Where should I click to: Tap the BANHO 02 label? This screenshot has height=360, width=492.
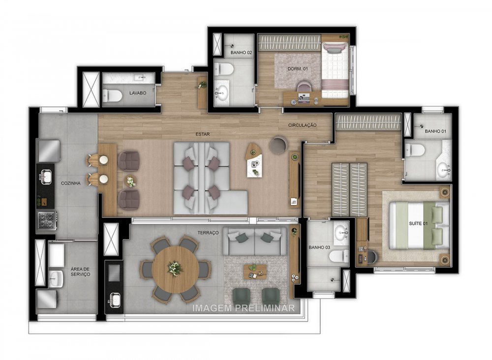(241, 53)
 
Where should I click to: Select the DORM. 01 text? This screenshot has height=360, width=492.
(297, 69)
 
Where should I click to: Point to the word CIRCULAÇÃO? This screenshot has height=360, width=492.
(302, 125)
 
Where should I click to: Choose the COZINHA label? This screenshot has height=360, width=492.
(71, 183)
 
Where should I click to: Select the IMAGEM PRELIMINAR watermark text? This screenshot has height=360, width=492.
(244, 308)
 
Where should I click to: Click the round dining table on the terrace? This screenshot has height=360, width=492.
(175, 269)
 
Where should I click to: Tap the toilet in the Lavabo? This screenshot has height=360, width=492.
(111, 94)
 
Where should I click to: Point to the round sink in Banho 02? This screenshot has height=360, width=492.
(222, 91)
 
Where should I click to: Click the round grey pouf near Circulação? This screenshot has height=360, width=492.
(279, 145)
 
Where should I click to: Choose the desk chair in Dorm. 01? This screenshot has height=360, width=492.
(304, 89)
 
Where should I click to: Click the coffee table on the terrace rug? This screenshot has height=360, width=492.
(255, 270)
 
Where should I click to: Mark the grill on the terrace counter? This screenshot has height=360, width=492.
(114, 273)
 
